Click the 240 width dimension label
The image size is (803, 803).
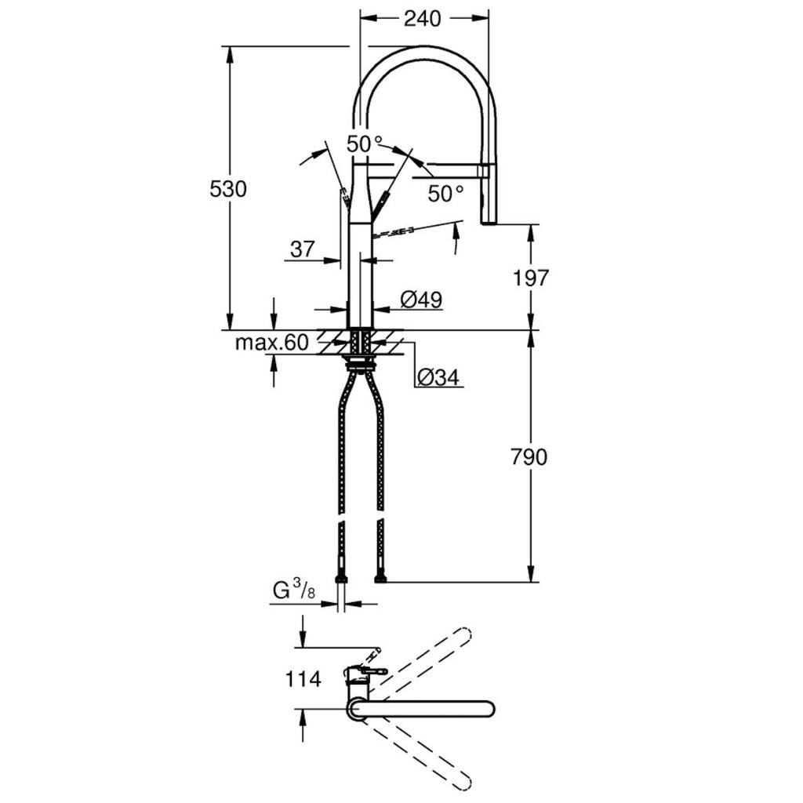pyautogui.click(x=423, y=19)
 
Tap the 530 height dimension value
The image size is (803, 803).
pyautogui.click(x=228, y=189)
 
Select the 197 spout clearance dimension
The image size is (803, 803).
pyautogui.click(x=531, y=278)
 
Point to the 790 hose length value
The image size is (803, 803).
pyautogui.click(x=529, y=457)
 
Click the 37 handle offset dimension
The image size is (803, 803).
pyautogui.click(x=302, y=249)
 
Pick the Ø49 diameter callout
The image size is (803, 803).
pyautogui.click(x=421, y=300)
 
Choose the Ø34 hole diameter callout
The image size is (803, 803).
pyautogui.click(x=438, y=377)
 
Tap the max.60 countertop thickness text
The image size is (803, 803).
pyautogui.click(x=272, y=342)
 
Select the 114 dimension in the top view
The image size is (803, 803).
pyautogui.click(x=303, y=679)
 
